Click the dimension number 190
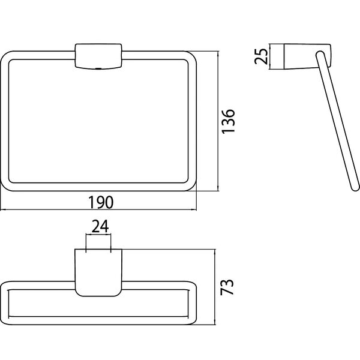pos(101,202)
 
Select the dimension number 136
pos(228,121)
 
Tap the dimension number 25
pos(261,56)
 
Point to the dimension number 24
pos(100,227)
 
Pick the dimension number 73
pos(227,287)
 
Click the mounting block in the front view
pos(98,56)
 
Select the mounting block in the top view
pos(98,272)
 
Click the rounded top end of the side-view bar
pos(320,55)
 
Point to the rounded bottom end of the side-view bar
pos(355,187)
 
